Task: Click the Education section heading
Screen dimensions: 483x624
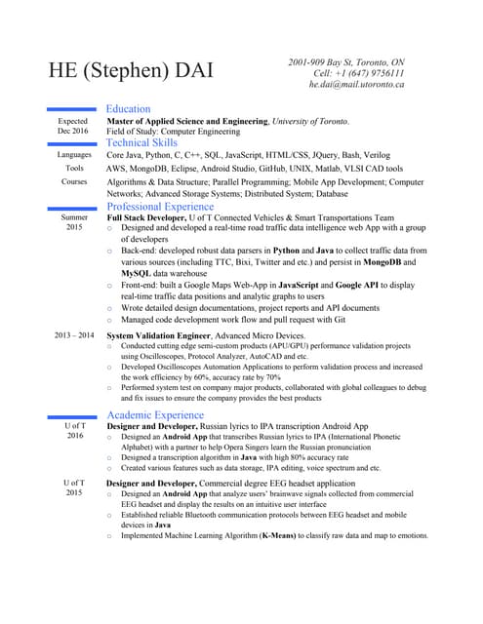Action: coord(128,109)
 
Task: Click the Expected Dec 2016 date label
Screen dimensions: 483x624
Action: coord(73,126)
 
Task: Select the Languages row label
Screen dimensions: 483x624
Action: coord(74,155)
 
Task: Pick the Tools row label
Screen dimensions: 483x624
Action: coord(74,169)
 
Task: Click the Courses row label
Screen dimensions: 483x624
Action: coord(74,182)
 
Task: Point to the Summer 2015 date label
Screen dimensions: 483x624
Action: coord(74,222)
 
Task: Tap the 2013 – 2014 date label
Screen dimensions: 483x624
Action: coord(73,335)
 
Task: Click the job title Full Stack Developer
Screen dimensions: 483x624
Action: coord(150,218)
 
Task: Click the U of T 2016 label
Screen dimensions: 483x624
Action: coord(74,431)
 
